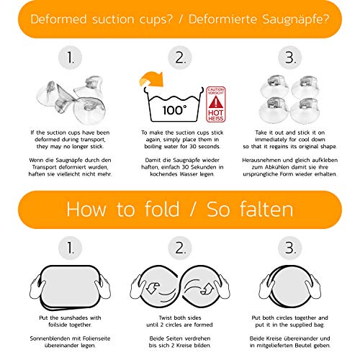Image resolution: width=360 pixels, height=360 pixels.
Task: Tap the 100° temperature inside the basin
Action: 174,111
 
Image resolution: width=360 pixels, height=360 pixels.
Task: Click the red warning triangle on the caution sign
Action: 215,102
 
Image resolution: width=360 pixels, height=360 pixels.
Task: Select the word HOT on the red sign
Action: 215,113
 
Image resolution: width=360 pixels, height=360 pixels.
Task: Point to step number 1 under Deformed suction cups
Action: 71,58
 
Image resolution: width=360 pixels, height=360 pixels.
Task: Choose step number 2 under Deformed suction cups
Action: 180,58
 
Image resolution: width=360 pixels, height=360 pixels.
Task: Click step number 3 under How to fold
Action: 290,248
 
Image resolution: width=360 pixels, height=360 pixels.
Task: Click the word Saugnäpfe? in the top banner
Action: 295,19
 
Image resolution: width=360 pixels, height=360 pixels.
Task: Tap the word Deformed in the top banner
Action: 58,19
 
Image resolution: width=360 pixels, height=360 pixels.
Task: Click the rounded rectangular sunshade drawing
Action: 70,287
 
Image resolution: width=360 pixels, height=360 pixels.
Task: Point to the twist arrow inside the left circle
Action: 153,287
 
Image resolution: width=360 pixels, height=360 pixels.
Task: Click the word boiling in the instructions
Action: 153,146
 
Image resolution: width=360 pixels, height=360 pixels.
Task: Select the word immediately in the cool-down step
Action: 271,140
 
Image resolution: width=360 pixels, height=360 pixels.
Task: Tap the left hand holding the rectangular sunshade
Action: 37,287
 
